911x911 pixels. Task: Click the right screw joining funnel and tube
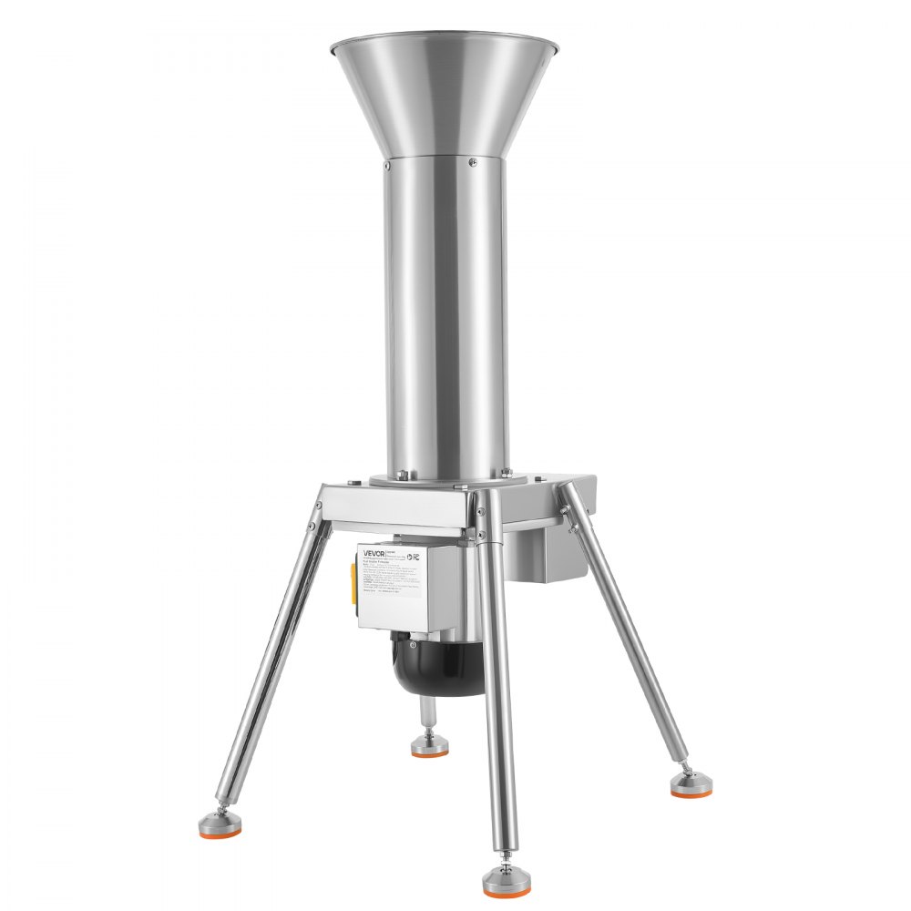point(472,162)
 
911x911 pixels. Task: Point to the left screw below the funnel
point(387,166)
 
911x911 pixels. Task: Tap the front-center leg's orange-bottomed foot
point(505,880)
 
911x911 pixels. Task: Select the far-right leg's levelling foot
point(691,785)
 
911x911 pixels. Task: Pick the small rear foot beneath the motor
point(429,745)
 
